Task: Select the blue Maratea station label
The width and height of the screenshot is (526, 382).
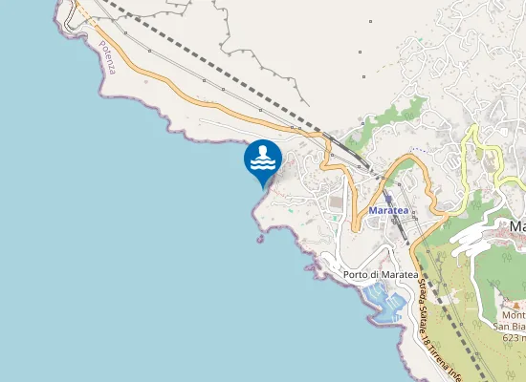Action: click(388, 210)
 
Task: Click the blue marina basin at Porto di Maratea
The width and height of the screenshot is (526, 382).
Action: click(384, 304)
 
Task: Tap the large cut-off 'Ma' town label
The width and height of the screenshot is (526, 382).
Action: click(517, 226)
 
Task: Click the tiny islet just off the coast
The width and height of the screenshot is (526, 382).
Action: click(260, 239)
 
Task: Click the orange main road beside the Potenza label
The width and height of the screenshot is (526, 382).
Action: click(134, 67)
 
